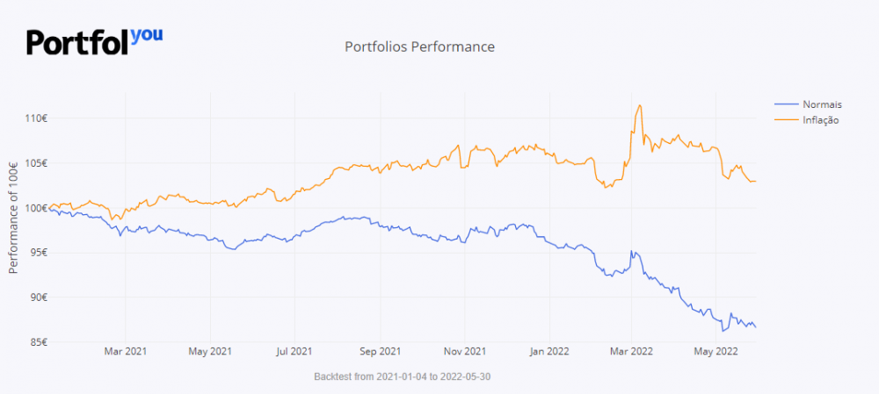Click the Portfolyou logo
[x=94, y=40]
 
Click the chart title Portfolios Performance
[x=420, y=47]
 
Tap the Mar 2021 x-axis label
[x=126, y=353]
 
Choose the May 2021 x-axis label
[x=210, y=353]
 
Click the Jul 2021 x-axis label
[x=294, y=353]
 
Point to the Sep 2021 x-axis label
[x=379, y=353]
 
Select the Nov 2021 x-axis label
[x=463, y=353]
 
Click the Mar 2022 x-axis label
[x=630, y=353]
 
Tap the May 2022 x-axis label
[x=716, y=353]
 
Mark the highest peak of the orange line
[x=639, y=105]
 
